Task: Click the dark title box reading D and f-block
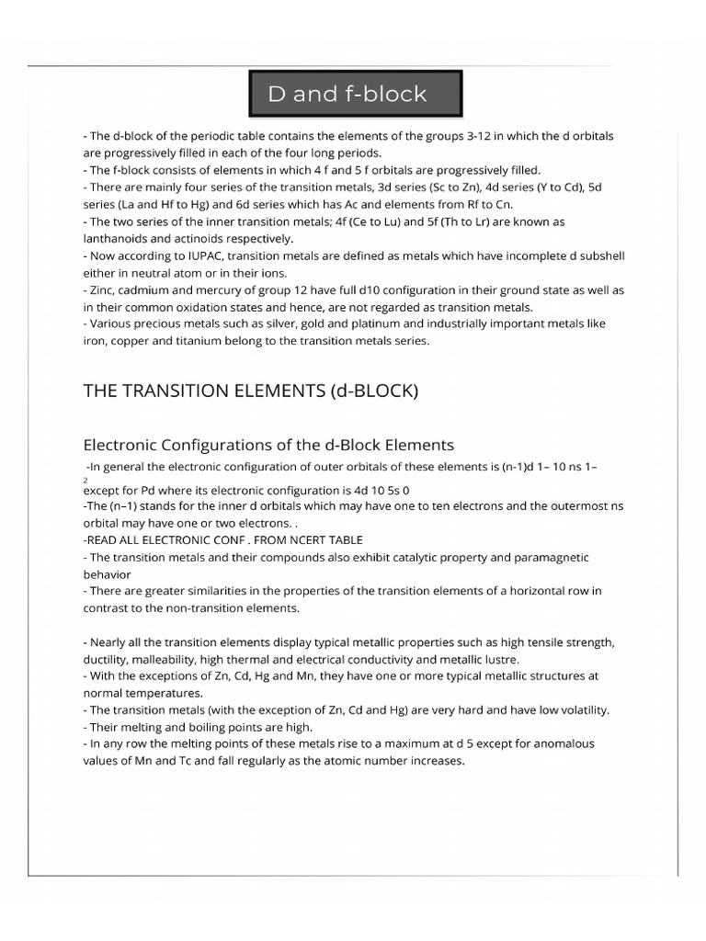pos(355,95)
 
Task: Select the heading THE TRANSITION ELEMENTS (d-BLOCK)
pos(250,391)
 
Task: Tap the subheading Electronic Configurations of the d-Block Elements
pos(268,445)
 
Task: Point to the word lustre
pos(500,659)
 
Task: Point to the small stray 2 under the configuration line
pos(85,480)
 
